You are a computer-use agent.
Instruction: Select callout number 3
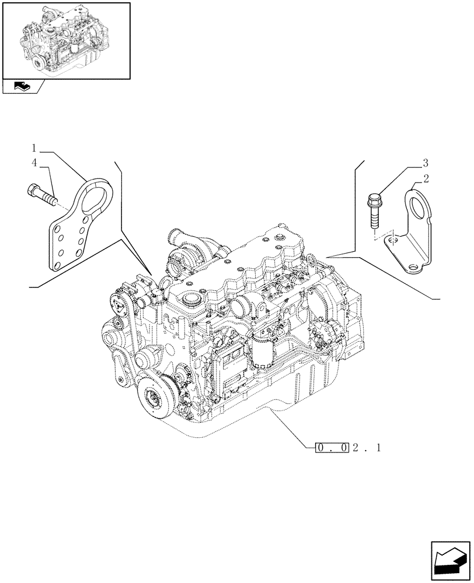coord(426,161)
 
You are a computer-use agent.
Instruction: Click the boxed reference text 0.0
coord(333,448)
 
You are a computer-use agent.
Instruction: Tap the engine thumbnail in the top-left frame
coord(65,40)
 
